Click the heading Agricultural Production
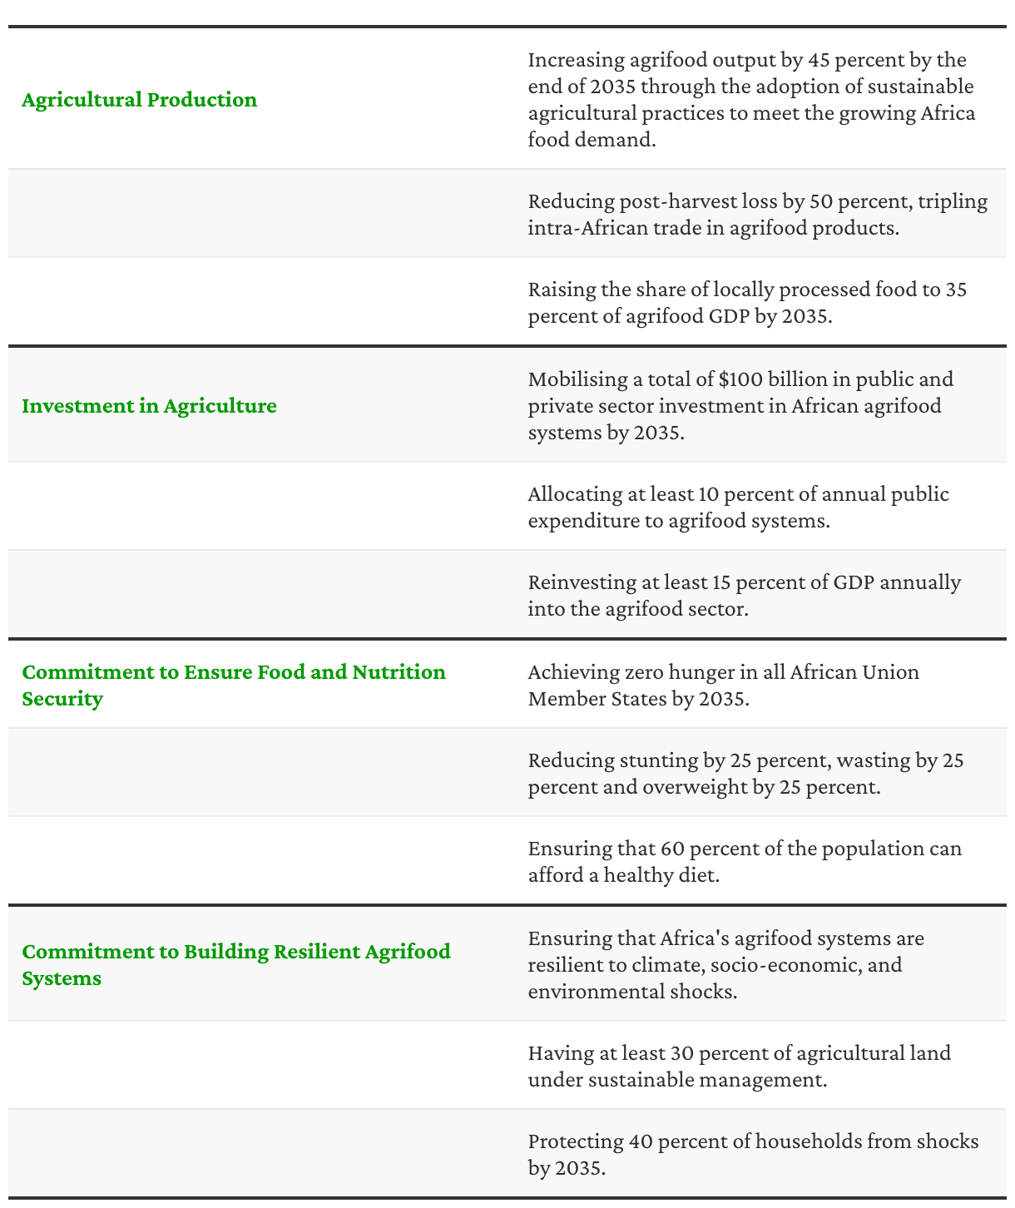[140, 100]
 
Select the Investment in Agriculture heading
[149, 406]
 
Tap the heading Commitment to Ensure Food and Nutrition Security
[233, 685]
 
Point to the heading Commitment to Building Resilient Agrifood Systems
[235, 964]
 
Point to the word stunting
[656, 760]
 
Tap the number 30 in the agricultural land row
[681, 1053]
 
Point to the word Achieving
[573, 671]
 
